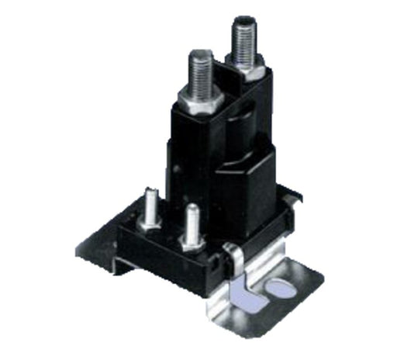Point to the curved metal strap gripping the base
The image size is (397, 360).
pyautogui.click(x=230, y=268)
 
